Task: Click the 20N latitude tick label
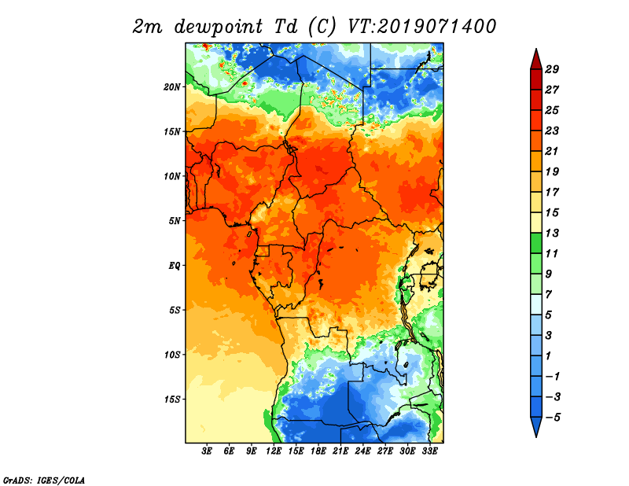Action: (x=172, y=87)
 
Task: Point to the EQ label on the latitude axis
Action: (x=174, y=266)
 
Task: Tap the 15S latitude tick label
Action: (x=172, y=399)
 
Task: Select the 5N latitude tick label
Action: (x=175, y=221)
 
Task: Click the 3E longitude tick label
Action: (x=207, y=451)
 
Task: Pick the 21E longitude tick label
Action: (x=340, y=451)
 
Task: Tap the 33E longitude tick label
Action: (x=429, y=451)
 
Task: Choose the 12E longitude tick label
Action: (x=273, y=451)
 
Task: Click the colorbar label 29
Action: (x=552, y=69)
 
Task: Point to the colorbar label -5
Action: (x=552, y=418)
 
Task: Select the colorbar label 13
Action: (x=552, y=233)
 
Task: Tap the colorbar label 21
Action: (x=552, y=151)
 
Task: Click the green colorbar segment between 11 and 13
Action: (x=536, y=243)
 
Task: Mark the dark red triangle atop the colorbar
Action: (x=536, y=60)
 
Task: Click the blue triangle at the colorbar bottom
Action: (x=536, y=426)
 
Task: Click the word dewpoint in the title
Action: (x=219, y=27)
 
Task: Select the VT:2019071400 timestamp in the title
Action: (x=421, y=27)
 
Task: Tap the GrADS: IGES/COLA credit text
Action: (x=44, y=480)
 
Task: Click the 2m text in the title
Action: (x=147, y=28)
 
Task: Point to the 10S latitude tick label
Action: (x=172, y=355)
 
